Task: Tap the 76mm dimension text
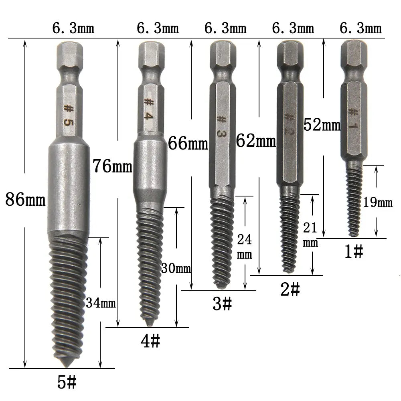tap(112, 166)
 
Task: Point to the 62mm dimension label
tap(256, 141)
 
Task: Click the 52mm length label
tap(322, 125)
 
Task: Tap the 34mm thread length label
tap(101, 303)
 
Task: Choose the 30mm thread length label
tap(176, 268)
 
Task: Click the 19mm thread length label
tap(378, 203)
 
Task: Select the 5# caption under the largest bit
tap(67, 383)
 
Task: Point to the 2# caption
tap(290, 290)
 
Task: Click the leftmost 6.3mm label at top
tap(73, 28)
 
